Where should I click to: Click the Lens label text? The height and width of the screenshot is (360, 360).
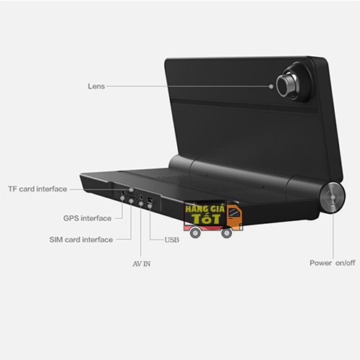point(96,86)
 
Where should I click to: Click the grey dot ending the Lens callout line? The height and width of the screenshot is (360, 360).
point(271,86)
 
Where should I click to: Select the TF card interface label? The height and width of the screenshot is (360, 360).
point(37,189)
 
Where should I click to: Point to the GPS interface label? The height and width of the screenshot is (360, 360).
point(87,218)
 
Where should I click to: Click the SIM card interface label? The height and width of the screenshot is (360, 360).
point(81,240)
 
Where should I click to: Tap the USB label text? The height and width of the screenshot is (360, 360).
point(172,240)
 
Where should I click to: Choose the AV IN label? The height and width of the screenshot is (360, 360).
point(142,264)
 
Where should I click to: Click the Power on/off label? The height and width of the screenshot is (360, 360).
point(333,263)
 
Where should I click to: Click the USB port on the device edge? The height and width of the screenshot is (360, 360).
point(150,200)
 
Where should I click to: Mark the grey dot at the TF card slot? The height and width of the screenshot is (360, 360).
point(131,190)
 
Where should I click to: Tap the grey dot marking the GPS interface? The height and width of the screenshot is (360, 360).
point(122,198)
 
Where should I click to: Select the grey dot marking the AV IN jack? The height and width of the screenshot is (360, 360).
point(141,204)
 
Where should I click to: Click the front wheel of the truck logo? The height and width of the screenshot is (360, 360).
point(226,233)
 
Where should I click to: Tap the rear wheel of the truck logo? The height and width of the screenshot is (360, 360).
point(195,233)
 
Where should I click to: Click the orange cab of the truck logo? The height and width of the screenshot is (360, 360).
point(234,217)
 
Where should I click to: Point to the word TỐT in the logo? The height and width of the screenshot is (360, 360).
point(206,219)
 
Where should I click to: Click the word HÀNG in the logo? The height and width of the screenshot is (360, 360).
point(197,208)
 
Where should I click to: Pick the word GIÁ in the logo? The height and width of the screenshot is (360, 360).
point(217,208)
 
